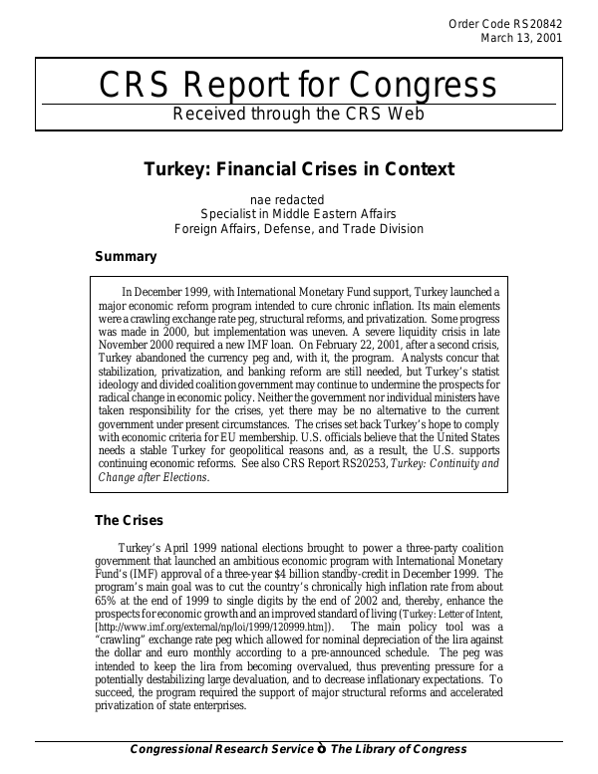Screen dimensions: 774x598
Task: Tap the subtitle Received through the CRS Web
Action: tap(298, 114)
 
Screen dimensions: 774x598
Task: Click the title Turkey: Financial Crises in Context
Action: tap(299, 169)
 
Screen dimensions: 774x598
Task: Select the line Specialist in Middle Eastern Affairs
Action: tap(299, 214)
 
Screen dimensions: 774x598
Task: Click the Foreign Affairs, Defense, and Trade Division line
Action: tap(299, 229)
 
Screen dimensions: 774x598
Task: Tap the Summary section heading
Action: tap(126, 257)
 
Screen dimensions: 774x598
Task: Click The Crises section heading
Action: tap(129, 520)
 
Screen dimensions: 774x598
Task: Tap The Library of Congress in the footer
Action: tap(399, 749)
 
